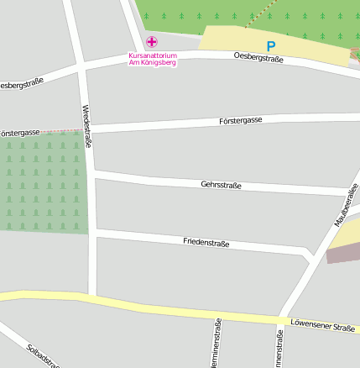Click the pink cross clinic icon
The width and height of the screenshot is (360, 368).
click(152, 42)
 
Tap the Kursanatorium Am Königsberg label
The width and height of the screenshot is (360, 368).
click(153, 59)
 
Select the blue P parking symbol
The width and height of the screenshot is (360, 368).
click(270, 47)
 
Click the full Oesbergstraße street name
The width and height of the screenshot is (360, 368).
click(258, 57)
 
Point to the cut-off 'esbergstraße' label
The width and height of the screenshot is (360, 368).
click(20, 85)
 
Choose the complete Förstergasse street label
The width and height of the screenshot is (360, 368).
click(240, 120)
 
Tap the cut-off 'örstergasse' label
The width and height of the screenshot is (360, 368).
click(20, 133)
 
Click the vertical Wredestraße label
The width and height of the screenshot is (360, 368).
click(86, 126)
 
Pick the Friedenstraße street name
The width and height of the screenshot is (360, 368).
click(206, 242)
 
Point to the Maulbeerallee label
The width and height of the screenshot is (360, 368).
click(342, 206)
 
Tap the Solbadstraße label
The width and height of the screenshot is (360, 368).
click(43, 355)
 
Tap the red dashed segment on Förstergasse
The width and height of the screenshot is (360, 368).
click(62, 131)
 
